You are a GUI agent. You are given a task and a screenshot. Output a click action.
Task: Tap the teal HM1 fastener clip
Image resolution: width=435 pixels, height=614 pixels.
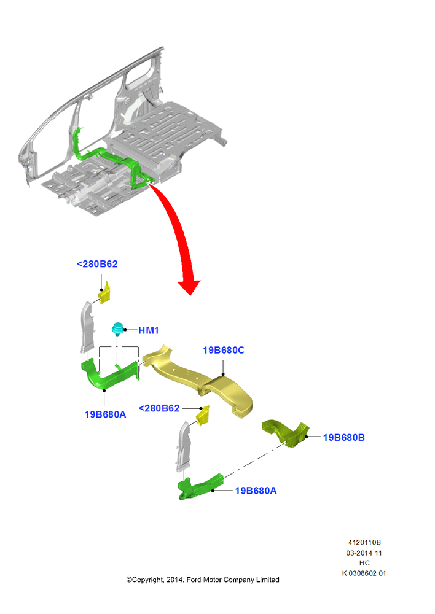117,329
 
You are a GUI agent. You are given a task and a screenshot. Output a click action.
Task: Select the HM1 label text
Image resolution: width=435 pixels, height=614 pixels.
149,330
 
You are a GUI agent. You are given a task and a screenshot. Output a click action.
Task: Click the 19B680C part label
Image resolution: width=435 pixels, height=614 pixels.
224,350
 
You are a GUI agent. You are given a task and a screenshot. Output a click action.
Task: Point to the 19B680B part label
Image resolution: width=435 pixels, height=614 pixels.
343,437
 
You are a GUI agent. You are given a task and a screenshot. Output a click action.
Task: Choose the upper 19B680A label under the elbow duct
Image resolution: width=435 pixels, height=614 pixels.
105,414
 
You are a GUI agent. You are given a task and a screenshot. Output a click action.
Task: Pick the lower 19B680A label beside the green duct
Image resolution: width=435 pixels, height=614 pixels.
256,491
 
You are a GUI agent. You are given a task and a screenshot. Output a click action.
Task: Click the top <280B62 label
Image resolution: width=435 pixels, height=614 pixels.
97,264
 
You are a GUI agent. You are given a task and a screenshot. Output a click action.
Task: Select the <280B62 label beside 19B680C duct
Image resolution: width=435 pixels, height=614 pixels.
159,408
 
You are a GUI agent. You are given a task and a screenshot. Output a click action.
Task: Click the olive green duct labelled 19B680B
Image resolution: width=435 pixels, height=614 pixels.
286,433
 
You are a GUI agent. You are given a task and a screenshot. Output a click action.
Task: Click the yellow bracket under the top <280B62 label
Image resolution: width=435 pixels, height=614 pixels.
104,293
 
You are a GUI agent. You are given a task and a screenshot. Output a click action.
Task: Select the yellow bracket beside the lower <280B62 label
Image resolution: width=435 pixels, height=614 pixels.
203,416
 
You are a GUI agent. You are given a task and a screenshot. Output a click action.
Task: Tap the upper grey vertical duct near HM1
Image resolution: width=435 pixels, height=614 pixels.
87,327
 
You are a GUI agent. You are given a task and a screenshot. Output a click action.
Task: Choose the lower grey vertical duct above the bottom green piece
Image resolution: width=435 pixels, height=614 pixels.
184,446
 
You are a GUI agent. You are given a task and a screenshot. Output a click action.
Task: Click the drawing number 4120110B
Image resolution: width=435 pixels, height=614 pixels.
364,542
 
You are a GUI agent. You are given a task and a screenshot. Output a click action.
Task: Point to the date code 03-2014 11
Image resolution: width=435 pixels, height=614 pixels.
364,553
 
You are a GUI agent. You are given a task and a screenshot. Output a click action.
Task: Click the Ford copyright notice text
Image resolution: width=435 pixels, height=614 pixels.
203,580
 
